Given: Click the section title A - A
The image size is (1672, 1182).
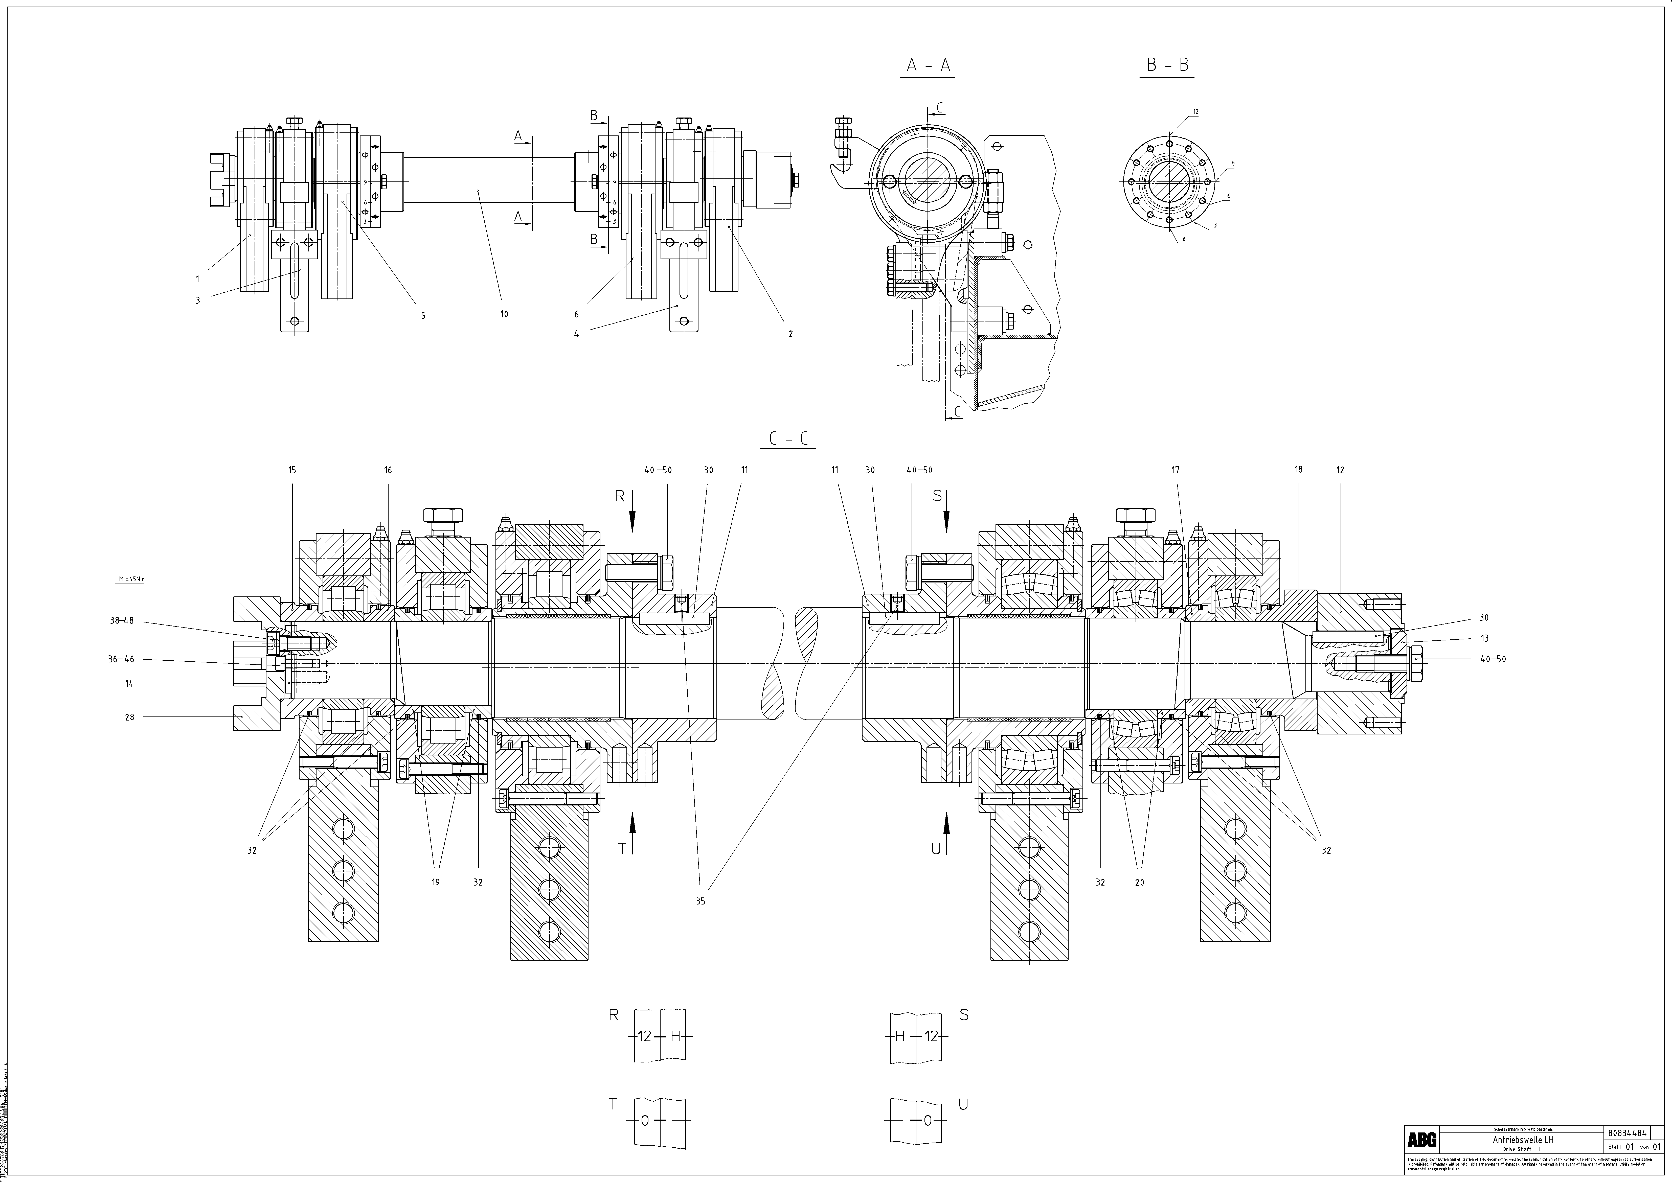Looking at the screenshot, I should coord(929,65).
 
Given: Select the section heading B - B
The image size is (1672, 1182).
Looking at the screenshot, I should coord(1167,65).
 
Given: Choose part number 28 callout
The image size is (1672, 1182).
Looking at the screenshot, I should coord(130,717).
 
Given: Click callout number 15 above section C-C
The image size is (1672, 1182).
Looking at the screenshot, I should coord(292,470).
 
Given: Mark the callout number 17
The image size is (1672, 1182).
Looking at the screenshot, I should coord(1175,470).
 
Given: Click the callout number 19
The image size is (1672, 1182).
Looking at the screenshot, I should coord(436,882).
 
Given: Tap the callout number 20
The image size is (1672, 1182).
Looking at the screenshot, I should coord(1140,882).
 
